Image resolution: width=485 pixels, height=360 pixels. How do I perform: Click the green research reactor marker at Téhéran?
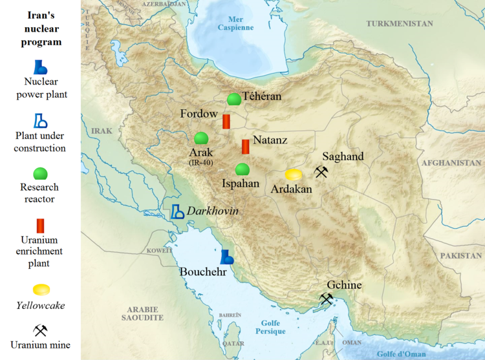233,100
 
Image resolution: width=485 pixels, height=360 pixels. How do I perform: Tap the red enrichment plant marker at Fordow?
226,122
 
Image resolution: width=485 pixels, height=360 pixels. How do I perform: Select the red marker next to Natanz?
245,147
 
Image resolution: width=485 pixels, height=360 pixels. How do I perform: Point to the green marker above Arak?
201,138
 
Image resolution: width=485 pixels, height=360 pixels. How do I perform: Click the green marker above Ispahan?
242,169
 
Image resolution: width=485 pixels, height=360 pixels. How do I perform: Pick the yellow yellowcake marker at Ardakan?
294,175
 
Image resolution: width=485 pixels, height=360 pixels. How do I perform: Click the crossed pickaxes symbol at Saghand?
321,172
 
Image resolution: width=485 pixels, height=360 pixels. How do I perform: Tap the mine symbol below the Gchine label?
327,299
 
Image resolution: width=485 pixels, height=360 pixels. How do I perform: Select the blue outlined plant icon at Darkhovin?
177,211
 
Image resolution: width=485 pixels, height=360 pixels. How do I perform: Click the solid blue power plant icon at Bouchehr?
227,257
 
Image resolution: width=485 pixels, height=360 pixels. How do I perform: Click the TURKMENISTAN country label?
399,23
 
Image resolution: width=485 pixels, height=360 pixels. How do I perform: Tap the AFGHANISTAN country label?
451,163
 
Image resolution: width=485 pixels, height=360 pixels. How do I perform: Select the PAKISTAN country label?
461,256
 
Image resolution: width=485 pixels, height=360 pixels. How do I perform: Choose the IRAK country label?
102,131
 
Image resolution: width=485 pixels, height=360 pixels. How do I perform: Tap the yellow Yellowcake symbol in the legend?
41,290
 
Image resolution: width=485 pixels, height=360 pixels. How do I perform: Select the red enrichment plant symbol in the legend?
41,226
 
